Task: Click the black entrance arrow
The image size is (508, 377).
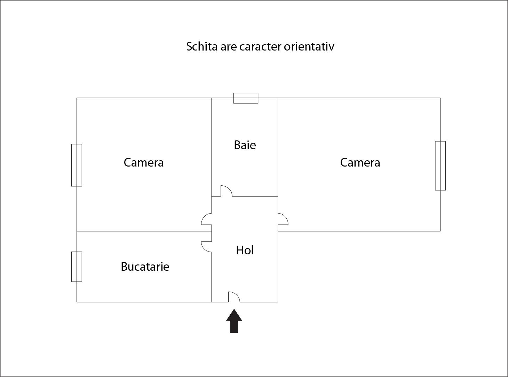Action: click(234, 321)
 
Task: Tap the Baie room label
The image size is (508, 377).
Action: click(245, 145)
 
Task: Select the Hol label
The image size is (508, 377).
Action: click(245, 250)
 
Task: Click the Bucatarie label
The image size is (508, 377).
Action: click(145, 267)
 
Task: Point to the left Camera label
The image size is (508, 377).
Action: click(144, 162)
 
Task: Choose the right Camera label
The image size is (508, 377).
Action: click(360, 162)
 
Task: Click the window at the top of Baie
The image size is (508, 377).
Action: click(246, 98)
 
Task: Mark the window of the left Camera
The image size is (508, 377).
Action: click(77, 165)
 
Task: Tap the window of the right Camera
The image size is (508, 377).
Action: click(440, 166)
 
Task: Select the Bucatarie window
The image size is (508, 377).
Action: click(77, 267)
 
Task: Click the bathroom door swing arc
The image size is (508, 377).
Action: click(229, 188)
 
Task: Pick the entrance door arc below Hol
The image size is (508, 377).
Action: click(237, 294)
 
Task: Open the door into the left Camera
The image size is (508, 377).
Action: click(204, 216)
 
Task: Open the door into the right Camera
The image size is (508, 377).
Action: click(285, 216)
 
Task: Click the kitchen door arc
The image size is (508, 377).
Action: click(204, 249)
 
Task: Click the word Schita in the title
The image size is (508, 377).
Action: click(202, 47)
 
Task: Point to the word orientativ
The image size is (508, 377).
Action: click(309, 47)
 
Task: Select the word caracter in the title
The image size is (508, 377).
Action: click(260, 47)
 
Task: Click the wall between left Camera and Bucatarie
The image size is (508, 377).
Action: click(144, 231)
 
